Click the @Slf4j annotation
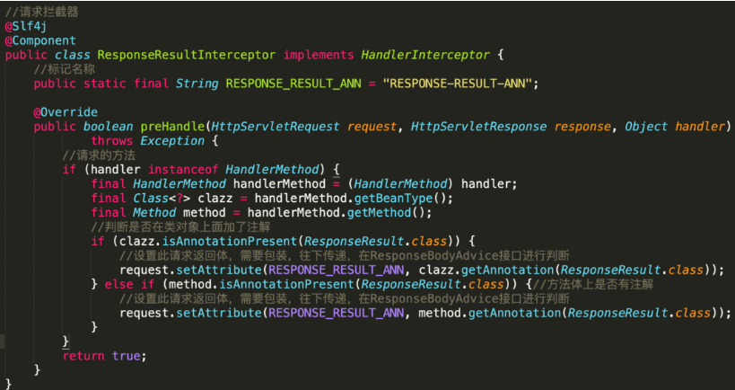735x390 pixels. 26,27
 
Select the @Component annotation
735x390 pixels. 40,40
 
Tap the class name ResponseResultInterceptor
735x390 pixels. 187,56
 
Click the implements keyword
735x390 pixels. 319,56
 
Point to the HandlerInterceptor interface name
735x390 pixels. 425,56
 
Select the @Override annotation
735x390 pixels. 66,112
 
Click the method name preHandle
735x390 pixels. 172,127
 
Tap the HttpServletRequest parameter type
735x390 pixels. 276,127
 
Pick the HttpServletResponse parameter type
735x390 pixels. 478,127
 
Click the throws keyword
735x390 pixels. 112,141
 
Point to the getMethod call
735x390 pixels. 380,213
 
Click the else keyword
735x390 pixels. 119,284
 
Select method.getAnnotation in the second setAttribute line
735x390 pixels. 490,313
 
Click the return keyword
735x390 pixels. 83,356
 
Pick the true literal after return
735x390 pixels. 127,356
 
